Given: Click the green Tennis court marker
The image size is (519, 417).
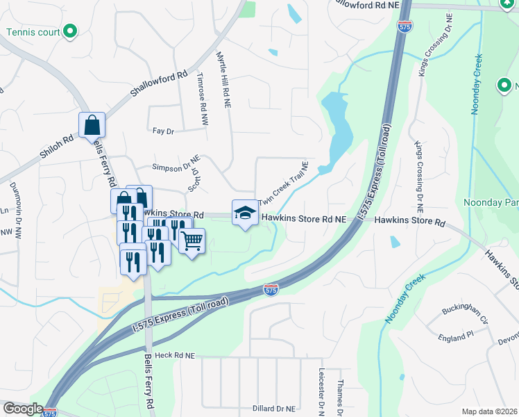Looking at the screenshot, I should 69,31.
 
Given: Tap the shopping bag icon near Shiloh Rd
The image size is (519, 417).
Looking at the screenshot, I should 92,126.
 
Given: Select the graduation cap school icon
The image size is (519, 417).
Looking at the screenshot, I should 245,213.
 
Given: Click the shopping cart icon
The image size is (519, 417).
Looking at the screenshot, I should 192,241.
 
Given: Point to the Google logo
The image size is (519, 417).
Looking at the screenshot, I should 22,409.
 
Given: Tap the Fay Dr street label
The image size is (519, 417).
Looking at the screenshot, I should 162,131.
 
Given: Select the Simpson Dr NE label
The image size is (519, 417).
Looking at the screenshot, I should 176,167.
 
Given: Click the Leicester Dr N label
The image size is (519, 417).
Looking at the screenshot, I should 321,391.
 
